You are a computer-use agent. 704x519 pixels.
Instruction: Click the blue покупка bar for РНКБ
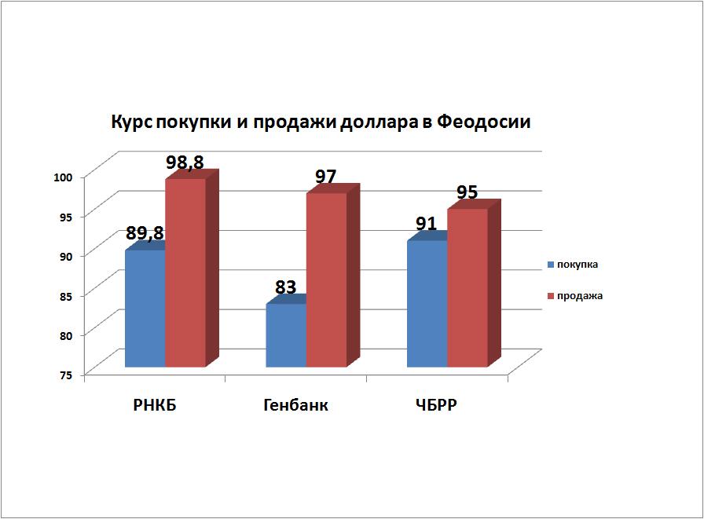(x=145, y=309)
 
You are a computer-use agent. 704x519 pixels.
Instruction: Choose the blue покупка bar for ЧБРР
(x=427, y=304)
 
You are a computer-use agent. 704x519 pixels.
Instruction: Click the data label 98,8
(x=185, y=163)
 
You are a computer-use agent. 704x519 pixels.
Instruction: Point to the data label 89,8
(x=145, y=233)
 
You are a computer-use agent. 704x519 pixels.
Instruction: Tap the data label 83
(x=285, y=287)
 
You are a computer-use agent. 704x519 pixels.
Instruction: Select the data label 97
(x=325, y=177)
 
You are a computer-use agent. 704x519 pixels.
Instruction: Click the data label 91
(x=426, y=224)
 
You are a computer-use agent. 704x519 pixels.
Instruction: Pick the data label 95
(x=467, y=192)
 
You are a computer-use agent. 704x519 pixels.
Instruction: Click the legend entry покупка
(x=573, y=265)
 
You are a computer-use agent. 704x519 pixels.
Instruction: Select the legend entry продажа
(x=575, y=296)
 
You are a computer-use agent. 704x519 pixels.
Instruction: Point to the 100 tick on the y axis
(x=63, y=177)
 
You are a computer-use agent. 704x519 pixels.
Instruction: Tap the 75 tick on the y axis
(x=65, y=375)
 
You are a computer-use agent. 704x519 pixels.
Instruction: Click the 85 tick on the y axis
(x=65, y=296)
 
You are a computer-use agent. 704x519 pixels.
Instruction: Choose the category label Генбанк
(x=295, y=405)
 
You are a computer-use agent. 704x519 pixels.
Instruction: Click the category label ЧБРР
(x=436, y=405)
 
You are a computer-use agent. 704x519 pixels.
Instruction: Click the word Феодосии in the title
(x=483, y=122)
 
